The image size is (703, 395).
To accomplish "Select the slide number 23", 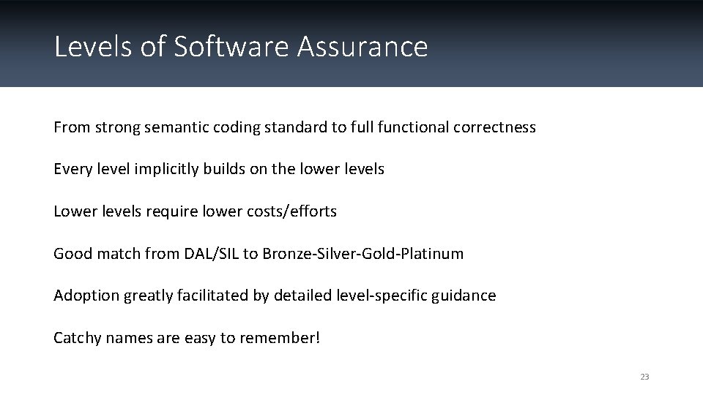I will [x=644, y=377].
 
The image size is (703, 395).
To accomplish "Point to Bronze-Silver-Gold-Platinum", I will [x=363, y=254].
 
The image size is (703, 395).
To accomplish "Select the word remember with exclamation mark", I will [x=286, y=338].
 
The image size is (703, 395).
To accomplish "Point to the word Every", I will [x=70, y=169].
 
